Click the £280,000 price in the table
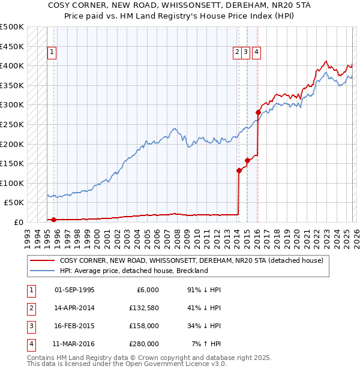[x=145, y=344]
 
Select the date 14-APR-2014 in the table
[x=74, y=308]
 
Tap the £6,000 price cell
[x=147, y=290]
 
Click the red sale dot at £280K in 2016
[x=258, y=112]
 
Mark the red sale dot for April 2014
[x=239, y=170]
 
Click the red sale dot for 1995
[x=53, y=220]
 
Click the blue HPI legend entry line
[x=43, y=271]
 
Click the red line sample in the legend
[x=43, y=260]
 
